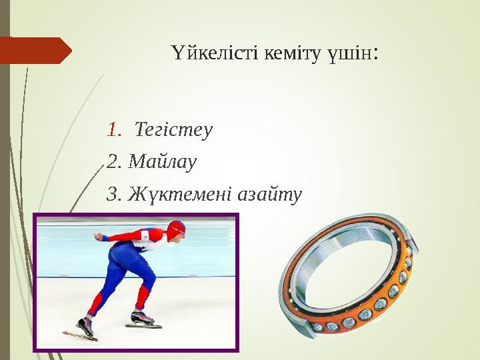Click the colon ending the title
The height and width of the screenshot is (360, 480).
click(377, 53)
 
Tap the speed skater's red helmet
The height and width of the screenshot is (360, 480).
click(177, 227)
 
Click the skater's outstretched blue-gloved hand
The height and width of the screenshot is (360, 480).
click(101, 237)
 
